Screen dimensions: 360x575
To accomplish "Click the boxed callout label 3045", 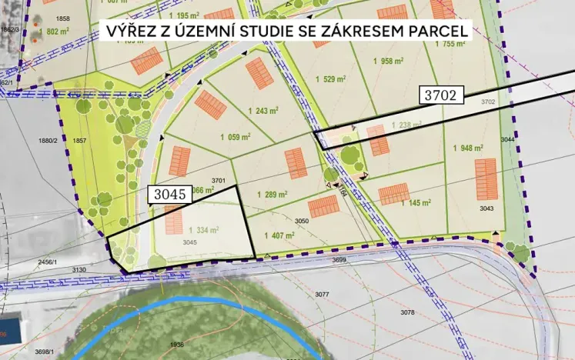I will (168, 195).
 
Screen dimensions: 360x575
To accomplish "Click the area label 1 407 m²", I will (279, 236).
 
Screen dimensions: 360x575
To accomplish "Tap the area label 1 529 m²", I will (328, 79).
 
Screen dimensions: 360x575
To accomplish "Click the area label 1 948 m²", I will (468, 148).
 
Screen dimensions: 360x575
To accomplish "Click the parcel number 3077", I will (322, 295).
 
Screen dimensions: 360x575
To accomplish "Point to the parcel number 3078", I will (408, 312).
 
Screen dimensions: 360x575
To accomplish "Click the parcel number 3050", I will (301, 221).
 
